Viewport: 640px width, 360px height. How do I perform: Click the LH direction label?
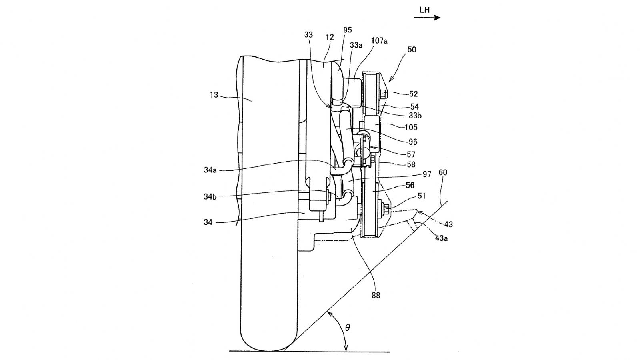click(424, 10)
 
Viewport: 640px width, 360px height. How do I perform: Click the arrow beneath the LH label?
click(427, 18)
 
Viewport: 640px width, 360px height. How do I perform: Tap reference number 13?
click(214, 95)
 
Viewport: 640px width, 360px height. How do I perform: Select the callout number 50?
click(412, 50)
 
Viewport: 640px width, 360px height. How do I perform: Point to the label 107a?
click(379, 41)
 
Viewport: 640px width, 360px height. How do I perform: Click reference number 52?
click(414, 94)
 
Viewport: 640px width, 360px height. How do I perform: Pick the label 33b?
click(415, 116)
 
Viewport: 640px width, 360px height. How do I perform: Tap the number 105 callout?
click(411, 128)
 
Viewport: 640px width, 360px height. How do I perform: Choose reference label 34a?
click(210, 170)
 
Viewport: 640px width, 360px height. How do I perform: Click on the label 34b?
click(210, 196)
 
